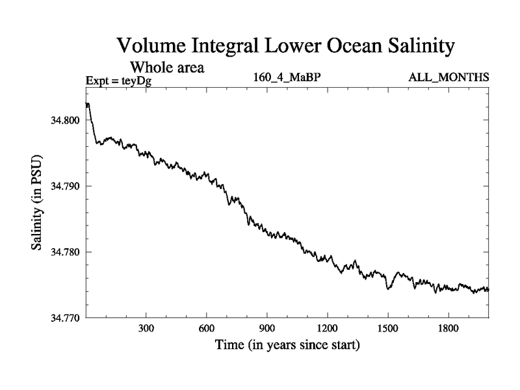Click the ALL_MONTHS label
pyautogui.click(x=448, y=78)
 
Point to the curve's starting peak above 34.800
pyautogui.click(x=88, y=104)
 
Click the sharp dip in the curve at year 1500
pyautogui.click(x=388, y=288)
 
